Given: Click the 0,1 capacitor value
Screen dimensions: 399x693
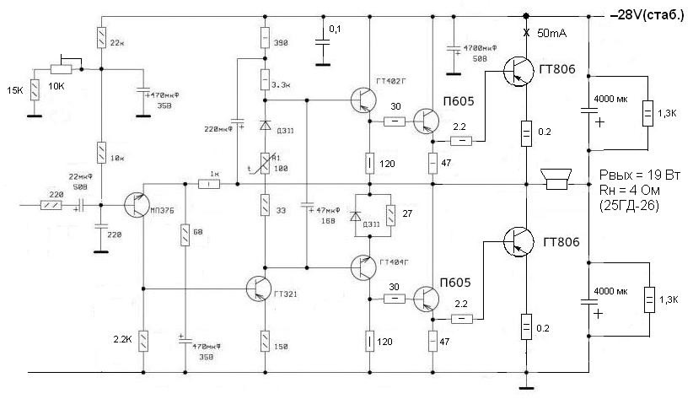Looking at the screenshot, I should point(335,30).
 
